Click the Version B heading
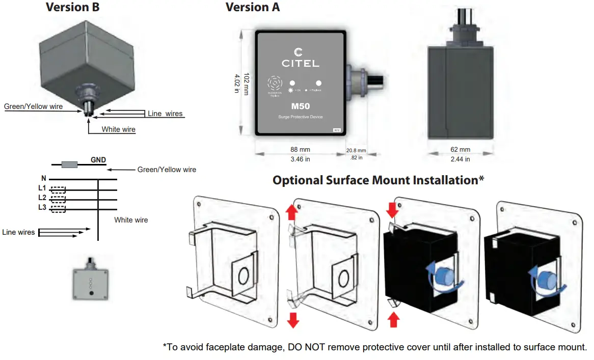pos(72,7)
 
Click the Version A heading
pos(253,7)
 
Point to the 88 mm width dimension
pos(301,150)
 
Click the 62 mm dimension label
pos(461,150)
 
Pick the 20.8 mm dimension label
pos(356,151)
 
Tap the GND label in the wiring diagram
pos(98,160)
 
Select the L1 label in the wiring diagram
pos(42,188)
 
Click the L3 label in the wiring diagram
pos(42,207)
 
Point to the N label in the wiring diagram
pos(44,179)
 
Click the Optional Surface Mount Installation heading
pos(378,180)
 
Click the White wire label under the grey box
pos(118,129)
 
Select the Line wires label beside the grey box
pos(165,114)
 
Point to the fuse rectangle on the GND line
pos(69,164)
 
